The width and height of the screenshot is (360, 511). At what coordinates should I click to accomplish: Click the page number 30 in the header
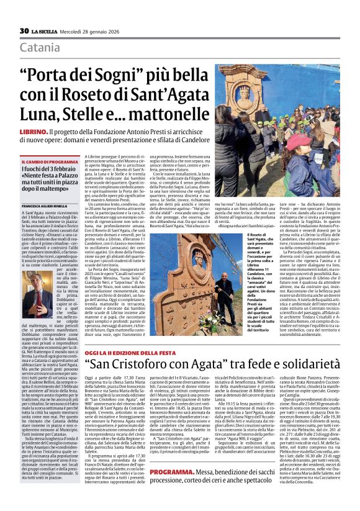(x=24, y=31)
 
